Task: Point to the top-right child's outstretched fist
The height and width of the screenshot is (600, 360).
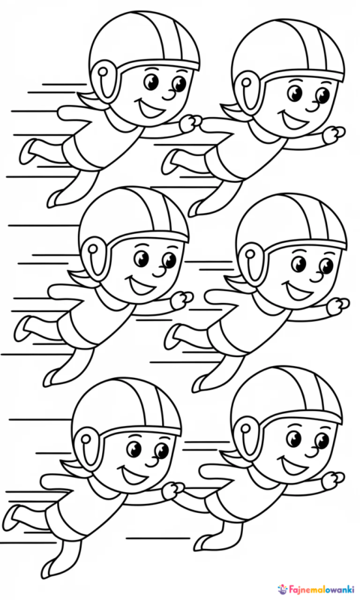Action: pos(334,135)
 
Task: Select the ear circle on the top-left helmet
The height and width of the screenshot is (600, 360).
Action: pos(103,71)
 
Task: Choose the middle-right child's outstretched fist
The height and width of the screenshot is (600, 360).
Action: pos(338,306)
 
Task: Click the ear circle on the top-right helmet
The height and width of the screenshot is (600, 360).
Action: pos(247,82)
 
